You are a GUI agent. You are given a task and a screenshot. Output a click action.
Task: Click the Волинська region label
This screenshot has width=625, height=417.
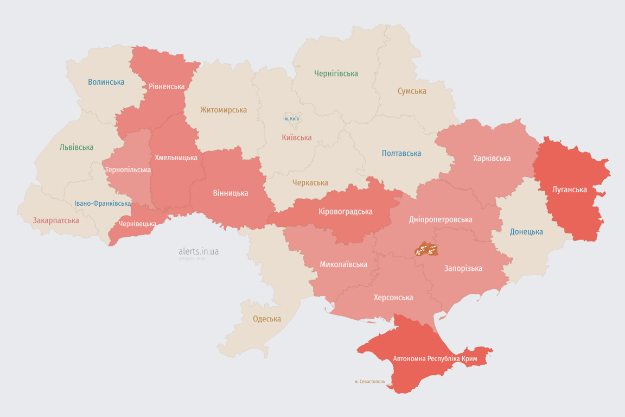tap(106, 82)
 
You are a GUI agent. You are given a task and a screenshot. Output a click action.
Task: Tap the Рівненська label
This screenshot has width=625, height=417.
tap(167, 86)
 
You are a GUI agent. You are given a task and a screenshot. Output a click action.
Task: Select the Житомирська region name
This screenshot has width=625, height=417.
tap(223, 110)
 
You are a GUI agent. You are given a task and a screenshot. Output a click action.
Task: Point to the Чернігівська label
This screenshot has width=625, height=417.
tap(336, 73)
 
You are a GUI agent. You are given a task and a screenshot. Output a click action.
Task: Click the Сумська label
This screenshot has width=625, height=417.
tap(412, 91)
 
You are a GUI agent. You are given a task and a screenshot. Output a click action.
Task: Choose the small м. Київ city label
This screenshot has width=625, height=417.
tap(291, 118)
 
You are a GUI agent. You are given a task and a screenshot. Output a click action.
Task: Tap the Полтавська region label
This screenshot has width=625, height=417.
tap(401, 153)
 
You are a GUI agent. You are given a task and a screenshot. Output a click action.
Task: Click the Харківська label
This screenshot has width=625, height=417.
tap(492, 158)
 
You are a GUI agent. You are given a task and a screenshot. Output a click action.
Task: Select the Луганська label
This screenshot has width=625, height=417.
tap(570, 189)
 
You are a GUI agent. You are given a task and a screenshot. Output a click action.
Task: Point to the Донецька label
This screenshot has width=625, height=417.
tap(526, 232)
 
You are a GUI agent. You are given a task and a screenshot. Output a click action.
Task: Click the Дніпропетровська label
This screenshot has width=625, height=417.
tap(440, 219)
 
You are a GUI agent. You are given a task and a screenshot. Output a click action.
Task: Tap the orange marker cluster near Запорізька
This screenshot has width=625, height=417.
tap(426, 250)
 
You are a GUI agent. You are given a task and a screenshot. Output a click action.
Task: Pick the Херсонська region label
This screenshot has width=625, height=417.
tap(393, 298)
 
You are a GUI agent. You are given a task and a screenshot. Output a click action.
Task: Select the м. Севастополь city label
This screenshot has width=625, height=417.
tap(369, 382)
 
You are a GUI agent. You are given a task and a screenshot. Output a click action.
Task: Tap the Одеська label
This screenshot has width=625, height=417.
tap(267, 319)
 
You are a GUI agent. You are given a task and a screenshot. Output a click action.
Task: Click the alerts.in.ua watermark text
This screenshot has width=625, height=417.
tap(199, 251)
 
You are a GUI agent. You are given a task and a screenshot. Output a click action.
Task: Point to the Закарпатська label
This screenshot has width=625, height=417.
tap(56, 220)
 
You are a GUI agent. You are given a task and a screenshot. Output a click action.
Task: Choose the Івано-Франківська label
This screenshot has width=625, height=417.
tap(103, 204)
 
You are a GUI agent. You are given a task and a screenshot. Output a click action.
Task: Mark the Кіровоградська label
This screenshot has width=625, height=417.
tap(345, 211)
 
